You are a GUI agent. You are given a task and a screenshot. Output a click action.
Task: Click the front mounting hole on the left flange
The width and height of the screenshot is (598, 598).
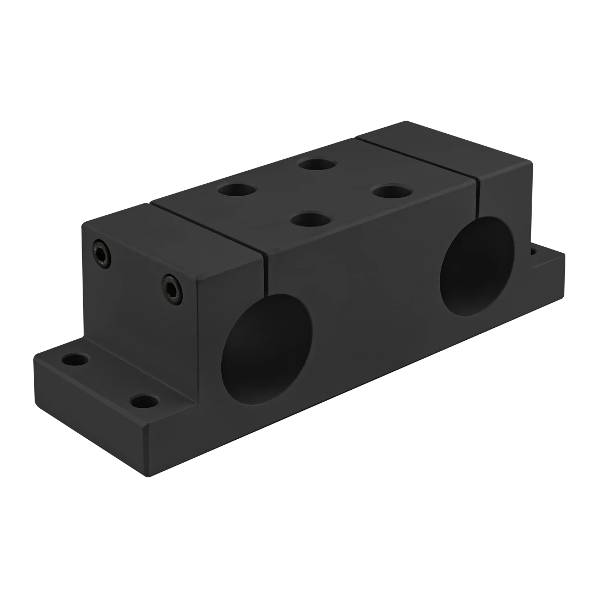point(145,402)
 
